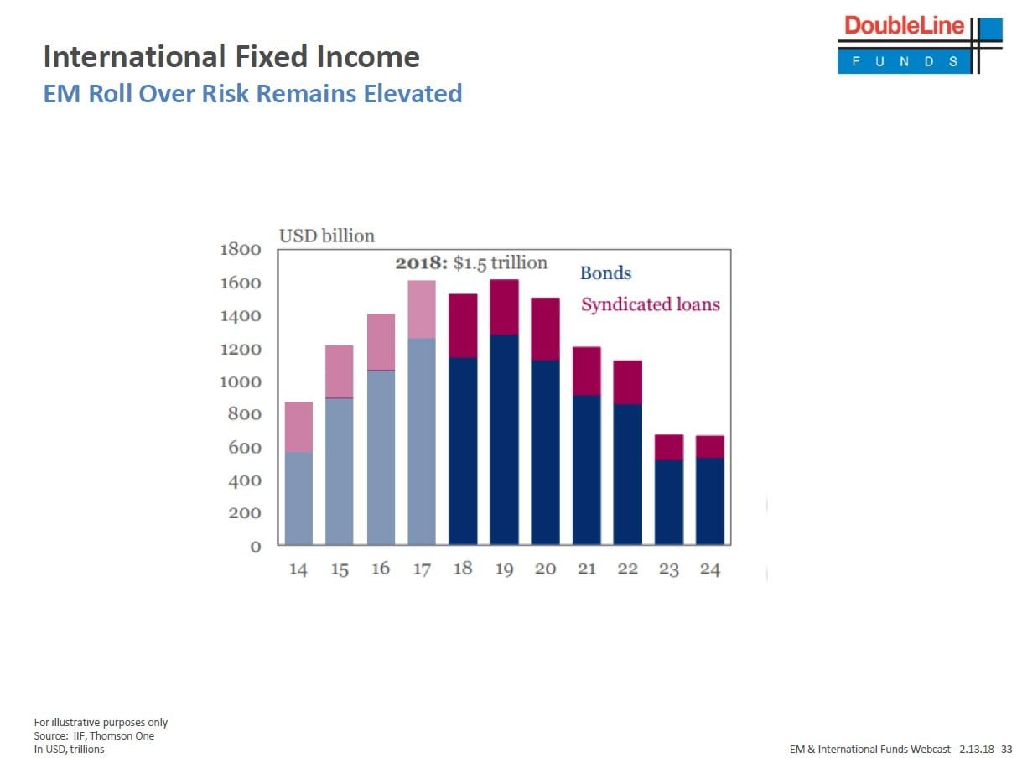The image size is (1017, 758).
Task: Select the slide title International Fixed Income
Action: click(231, 57)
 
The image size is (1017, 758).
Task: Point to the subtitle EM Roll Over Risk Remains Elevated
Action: click(252, 93)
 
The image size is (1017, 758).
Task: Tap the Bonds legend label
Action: click(605, 273)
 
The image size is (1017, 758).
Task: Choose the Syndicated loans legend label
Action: click(650, 304)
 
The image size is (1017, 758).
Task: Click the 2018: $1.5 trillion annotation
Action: click(470, 263)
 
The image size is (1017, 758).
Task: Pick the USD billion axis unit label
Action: click(326, 236)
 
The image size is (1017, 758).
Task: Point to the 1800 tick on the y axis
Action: click(240, 250)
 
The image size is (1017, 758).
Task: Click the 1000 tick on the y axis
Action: click(240, 382)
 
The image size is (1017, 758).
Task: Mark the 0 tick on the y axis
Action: click(256, 547)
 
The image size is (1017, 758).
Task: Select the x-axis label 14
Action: click(298, 570)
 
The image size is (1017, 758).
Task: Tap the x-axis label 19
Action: click(504, 570)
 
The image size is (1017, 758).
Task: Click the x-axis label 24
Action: click(710, 570)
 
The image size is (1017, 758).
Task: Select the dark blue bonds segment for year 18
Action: click(463, 450)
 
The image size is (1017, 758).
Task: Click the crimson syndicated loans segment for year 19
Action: click(504, 307)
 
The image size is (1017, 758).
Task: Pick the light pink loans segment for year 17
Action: click(422, 309)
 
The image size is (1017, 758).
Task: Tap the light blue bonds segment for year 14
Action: click(298, 497)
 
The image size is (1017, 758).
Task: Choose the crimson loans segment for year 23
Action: click(668, 448)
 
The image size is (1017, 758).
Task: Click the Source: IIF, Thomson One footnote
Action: click(94, 736)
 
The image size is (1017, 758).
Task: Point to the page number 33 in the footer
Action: click(1006, 748)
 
